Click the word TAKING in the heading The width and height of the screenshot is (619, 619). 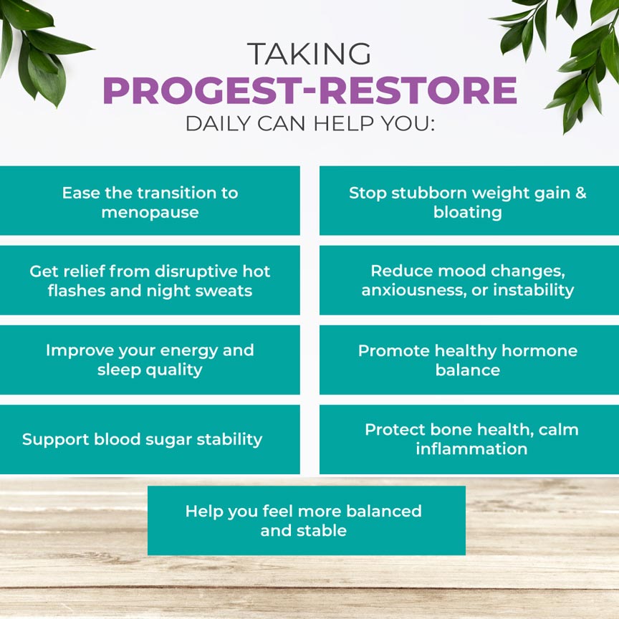309,54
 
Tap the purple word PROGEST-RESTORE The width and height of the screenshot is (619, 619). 309,90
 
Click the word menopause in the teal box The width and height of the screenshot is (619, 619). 150,213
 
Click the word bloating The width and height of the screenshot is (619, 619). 468,213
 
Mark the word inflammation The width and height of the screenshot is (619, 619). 471,449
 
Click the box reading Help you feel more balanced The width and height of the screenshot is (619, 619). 306,521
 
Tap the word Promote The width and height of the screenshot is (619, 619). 392,351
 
